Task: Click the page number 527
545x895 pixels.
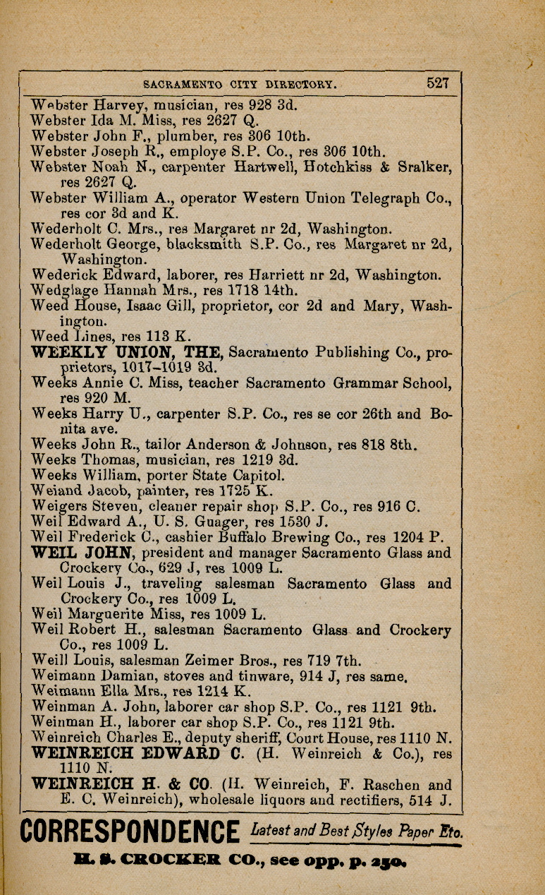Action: [437, 83]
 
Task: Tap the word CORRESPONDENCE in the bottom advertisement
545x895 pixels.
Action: [129, 831]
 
